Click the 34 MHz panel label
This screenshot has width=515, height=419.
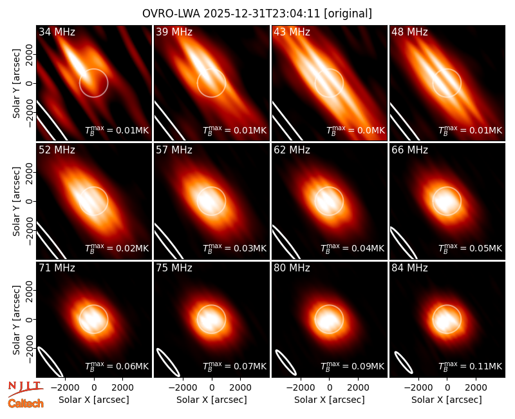point(57,32)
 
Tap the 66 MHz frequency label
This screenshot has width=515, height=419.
point(409,150)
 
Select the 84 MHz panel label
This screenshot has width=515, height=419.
point(409,268)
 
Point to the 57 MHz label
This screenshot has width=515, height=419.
point(174,150)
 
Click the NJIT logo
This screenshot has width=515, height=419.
point(25,389)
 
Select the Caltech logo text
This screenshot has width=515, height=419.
point(26,404)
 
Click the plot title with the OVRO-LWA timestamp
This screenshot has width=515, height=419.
point(257,14)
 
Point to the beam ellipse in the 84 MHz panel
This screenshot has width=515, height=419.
point(404,362)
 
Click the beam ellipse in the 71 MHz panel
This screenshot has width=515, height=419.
point(50,362)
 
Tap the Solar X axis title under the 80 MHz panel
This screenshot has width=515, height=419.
point(329,400)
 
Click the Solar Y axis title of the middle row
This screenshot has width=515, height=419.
point(16,201)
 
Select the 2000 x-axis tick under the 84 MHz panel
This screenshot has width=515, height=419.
point(476,387)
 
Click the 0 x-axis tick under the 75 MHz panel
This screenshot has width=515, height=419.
point(212,387)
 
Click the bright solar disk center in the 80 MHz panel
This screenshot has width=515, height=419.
point(329,319)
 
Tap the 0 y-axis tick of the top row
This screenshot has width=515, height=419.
point(30,83)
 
